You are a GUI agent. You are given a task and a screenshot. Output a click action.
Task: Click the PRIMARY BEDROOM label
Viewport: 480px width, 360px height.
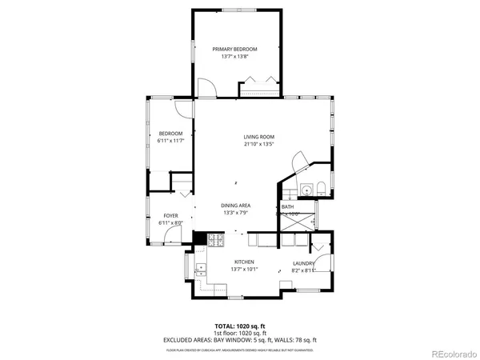234,49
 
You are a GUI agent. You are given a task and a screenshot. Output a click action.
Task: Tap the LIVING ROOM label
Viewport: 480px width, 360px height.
259,137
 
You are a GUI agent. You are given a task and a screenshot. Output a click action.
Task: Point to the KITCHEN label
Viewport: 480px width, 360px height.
244,262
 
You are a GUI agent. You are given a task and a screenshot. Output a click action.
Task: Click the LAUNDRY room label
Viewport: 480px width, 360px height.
302,262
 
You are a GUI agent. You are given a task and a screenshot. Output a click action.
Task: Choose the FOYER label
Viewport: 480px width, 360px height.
171,215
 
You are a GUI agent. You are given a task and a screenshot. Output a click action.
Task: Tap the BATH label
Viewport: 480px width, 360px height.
287,206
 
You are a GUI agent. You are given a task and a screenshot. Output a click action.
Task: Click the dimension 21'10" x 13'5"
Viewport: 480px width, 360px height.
259,145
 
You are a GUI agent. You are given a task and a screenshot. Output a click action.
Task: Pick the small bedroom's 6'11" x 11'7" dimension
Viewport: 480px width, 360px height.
171,141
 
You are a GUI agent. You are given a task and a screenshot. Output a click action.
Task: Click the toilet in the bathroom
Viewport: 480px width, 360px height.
320,190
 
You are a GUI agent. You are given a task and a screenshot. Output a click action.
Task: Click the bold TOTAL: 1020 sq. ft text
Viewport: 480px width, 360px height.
240,326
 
